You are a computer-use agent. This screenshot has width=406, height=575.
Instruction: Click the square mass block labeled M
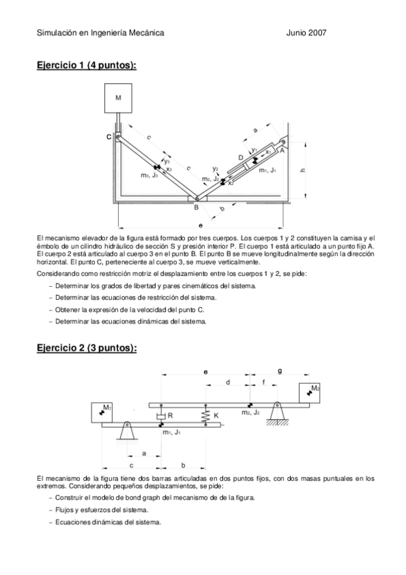click(118, 98)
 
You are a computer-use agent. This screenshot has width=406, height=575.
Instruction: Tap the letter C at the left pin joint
click(108, 136)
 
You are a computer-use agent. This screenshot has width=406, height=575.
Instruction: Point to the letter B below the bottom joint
click(196, 208)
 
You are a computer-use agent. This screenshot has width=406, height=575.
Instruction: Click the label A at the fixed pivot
click(281, 153)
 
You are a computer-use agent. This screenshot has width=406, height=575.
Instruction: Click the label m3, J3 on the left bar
click(150, 175)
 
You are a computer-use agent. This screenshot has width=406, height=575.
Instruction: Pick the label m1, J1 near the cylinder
click(268, 171)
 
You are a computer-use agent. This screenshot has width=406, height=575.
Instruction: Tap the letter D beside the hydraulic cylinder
click(241, 157)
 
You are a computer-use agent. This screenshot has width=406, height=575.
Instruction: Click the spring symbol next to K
click(205, 414)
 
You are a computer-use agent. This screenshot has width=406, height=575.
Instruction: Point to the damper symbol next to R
click(161, 414)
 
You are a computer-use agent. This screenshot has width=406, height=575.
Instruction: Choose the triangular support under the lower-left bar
click(127, 431)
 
